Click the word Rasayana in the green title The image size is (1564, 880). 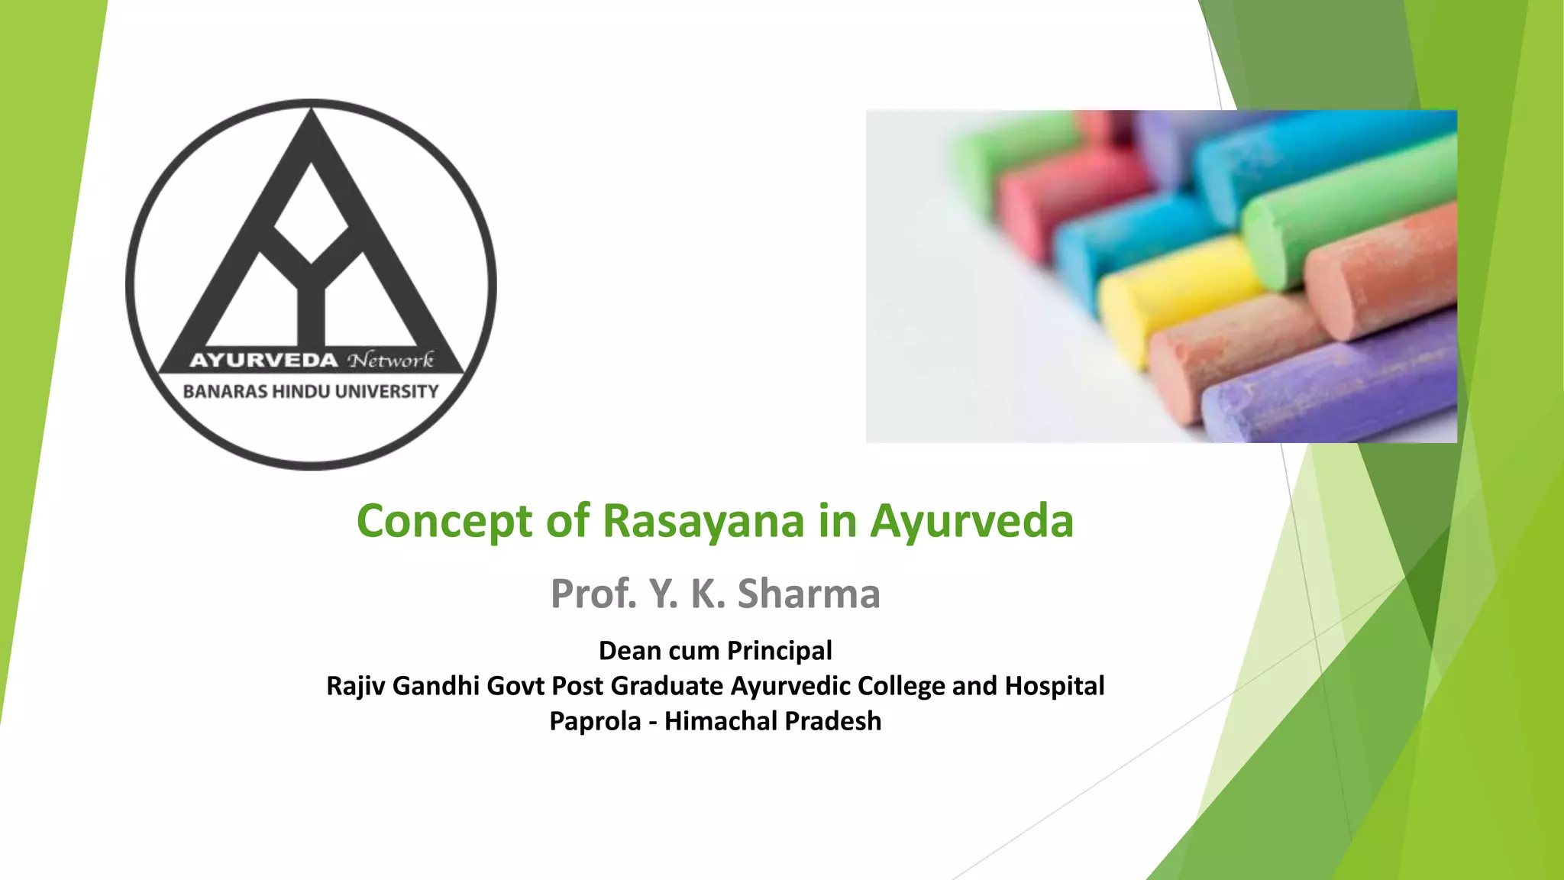[x=703, y=521]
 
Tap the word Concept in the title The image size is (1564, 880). [x=444, y=521]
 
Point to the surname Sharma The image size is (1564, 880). [x=809, y=594]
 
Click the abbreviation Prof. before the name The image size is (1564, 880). [x=593, y=594]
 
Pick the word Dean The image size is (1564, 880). [x=629, y=651]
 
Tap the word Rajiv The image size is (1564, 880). [x=356, y=686]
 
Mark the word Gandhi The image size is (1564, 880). [x=435, y=686]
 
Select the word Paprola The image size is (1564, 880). [x=595, y=721]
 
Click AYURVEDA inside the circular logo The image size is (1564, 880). [x=263, y=360]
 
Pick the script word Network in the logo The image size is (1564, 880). [x=390, y=360]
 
